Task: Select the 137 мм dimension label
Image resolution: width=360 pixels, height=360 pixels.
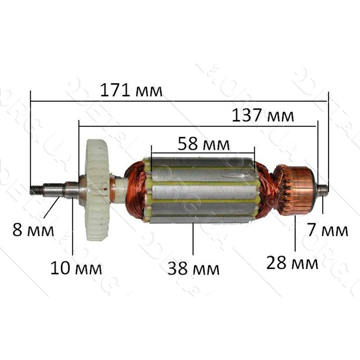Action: (x=263, y=116)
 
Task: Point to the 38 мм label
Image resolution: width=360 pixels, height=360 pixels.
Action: (x=193, y=269)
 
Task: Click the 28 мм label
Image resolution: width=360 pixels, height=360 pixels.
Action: (x=292, y=261)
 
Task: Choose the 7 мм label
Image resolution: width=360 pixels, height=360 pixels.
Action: (x=328, y=230)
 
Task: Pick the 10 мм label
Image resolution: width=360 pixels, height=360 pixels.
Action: (x=76, y=269)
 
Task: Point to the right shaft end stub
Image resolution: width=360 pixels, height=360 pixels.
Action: (x=323, y=189)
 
